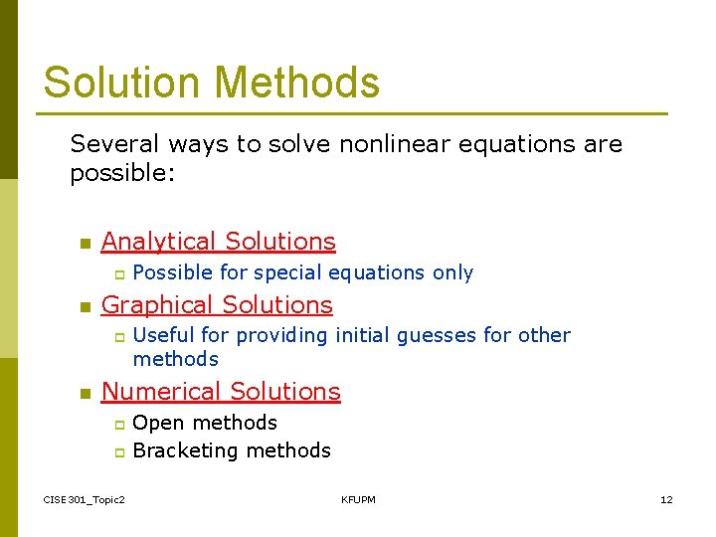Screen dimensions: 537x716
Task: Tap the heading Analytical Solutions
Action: (218, 242)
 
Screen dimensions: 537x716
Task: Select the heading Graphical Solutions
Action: (217, 305)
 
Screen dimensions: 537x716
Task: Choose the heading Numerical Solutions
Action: (221, 392)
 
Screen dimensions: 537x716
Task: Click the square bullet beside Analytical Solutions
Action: (85, 244)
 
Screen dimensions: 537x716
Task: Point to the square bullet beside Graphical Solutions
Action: (85, 307)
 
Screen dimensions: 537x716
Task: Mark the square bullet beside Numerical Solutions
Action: (85, 394)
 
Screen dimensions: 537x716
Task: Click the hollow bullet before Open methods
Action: (117, 425)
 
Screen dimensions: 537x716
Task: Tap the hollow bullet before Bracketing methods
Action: (117, 452)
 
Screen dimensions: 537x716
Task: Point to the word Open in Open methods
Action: (157, 424)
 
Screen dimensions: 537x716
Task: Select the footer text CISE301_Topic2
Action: (85, 499)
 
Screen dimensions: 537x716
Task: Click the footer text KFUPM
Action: (358, 499)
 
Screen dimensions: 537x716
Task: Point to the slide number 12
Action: (666, 499)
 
